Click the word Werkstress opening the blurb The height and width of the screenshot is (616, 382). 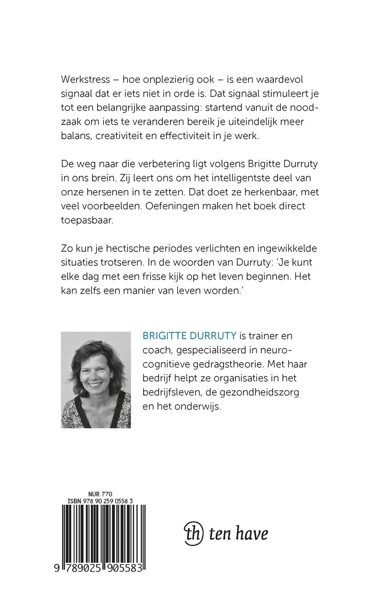85,80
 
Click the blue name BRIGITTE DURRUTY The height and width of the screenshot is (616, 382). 189,336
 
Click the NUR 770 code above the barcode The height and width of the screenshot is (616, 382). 100,494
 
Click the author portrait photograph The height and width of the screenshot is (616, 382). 96,380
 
